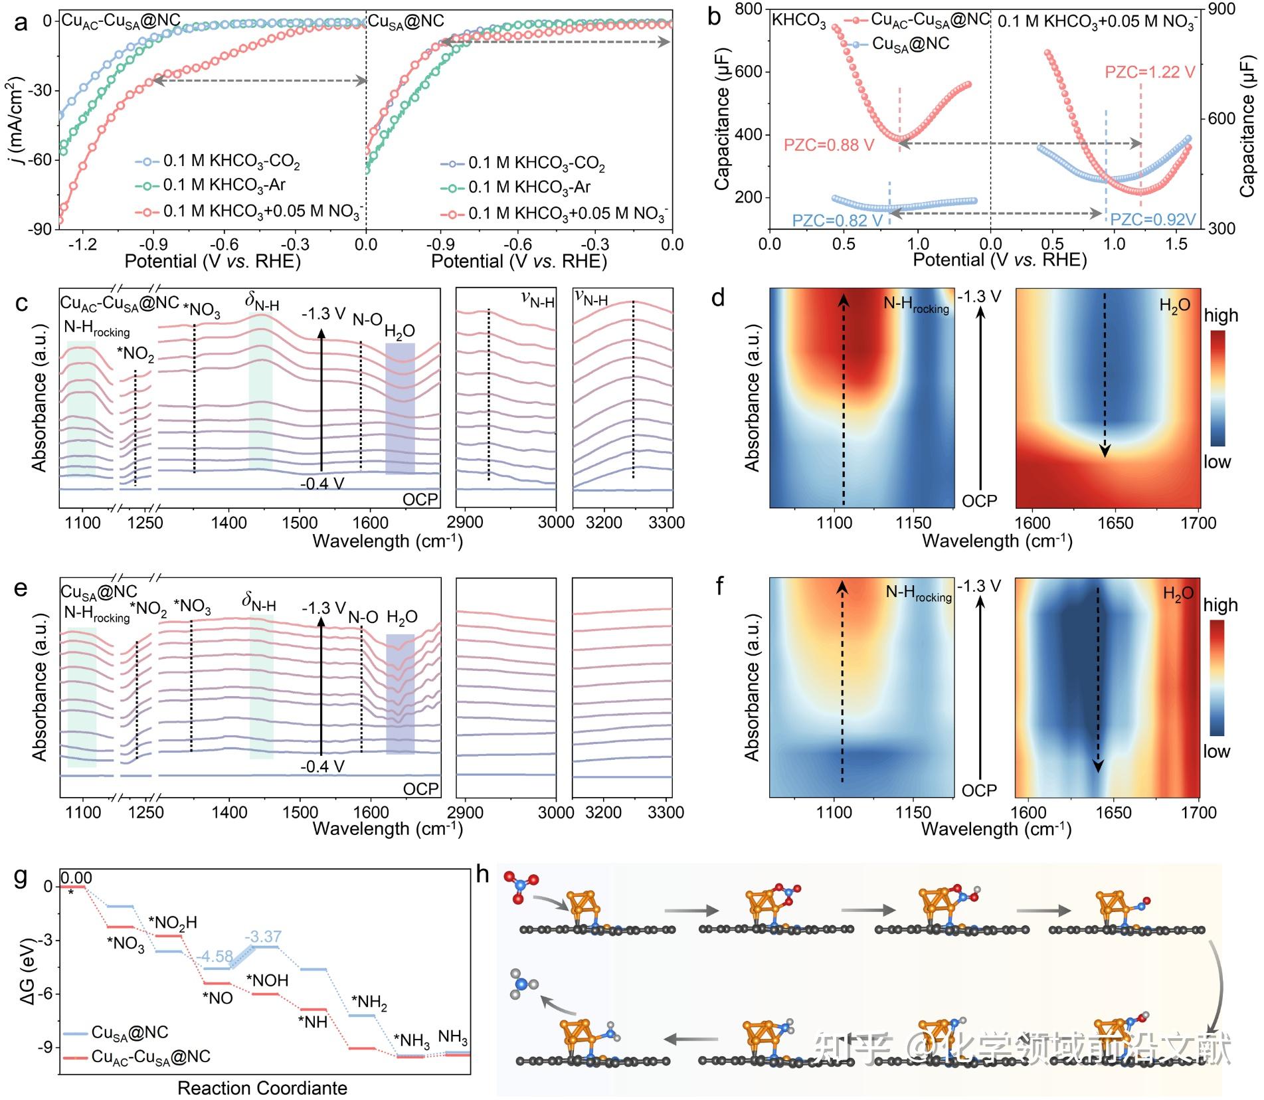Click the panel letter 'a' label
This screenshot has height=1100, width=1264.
(21, 23)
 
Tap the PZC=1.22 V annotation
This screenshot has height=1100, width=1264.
(1149, 72)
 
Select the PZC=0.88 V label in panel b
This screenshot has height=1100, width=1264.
(828, 145)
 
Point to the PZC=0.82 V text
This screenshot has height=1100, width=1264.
(837, 221)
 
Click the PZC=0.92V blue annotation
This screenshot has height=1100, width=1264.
(1152, 220)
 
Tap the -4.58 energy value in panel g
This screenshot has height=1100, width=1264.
(215, 957)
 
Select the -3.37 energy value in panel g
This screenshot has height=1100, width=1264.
(263, 937)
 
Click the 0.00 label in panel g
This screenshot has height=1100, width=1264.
(76, 878)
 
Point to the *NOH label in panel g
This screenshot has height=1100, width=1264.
(267, 980)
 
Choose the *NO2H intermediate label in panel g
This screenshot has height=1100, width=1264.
(173, 923)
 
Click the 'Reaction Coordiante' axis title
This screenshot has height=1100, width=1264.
(262, 1088)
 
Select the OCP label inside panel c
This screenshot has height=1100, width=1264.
(420, 500)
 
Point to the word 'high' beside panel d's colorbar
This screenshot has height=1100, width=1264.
(1221, 316)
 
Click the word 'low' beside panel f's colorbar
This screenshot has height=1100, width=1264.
(1216, 751)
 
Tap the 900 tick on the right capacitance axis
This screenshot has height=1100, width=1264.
(1240, 9)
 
